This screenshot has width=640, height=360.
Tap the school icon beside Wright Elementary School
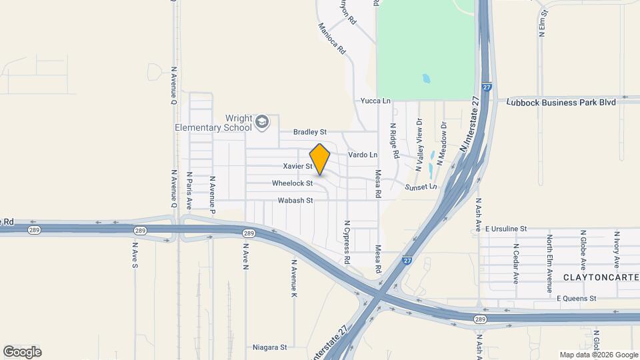(x=261, y=121)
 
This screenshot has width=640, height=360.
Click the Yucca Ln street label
(x=375, y=101)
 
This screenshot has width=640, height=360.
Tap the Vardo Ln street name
(x=363, y=155)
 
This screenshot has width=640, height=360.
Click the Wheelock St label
(x=292, y=183)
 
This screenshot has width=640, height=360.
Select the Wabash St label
(x=295, y=200)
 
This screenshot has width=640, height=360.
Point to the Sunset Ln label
(x=421, y=187)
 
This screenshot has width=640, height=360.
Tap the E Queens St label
(x=576, y=299)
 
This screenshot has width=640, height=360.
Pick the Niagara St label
(x=269, y=347)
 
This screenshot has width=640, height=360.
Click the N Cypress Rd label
(x=347, y=242)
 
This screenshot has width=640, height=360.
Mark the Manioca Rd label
(x=332, y=39)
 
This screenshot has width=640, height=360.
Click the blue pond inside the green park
(x=426, y=79)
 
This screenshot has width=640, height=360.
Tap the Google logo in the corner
(x=22, y=351)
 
